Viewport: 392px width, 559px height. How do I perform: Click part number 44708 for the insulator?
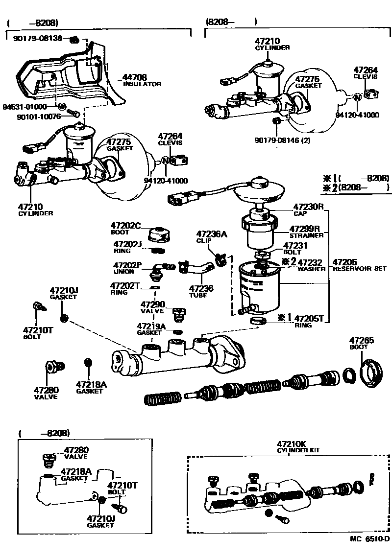tap(135, 77)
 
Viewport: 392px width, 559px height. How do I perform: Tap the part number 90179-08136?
tap(38, 38)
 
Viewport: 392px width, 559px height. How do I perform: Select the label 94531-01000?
tap(24, 106)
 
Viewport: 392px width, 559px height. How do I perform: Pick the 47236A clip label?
tap(212, 234)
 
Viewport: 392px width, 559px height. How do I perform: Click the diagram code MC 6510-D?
tap(369, 552)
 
